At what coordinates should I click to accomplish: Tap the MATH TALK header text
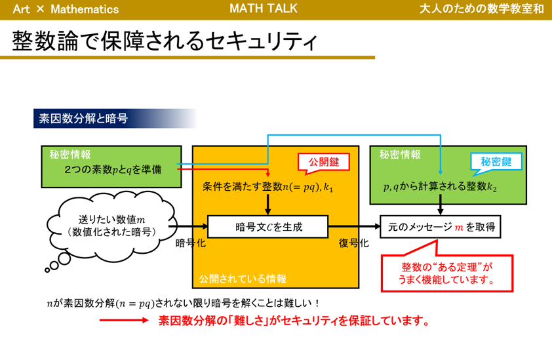264,9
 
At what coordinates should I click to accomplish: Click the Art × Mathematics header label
66,9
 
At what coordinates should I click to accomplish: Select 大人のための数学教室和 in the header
483,9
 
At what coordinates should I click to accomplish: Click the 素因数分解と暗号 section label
83,118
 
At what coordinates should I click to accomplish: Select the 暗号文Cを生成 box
267,227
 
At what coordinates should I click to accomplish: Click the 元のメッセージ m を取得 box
441,227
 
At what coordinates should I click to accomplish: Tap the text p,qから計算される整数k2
440,187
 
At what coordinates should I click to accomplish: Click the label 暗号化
190,243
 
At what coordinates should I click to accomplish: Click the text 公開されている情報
243,279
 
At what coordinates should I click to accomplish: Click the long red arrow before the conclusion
124,321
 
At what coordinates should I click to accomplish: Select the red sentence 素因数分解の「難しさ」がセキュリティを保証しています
294,321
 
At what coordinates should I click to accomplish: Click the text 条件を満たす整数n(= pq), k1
268,188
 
